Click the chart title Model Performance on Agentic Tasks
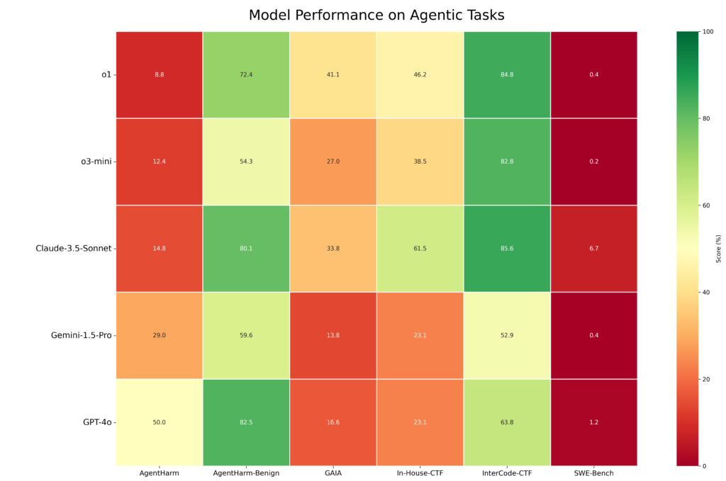[376, 16]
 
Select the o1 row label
[106, 74]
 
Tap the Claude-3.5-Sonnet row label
[74, 249]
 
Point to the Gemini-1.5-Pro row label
[82, 335]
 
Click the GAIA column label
[333, 473]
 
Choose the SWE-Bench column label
[593, 473]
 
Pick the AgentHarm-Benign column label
[246, 473]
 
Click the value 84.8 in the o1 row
[507, 74]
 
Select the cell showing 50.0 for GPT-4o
[160, 422]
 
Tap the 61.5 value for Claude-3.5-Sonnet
[420, 249]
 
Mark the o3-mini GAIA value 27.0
[333, 162]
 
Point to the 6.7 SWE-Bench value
[594, 249]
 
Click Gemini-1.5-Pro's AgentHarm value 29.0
[160, 335]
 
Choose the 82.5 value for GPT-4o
[246, 422]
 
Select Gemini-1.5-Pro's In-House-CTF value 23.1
[420, 335]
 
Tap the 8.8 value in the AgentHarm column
[160, 74]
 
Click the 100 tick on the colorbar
[708, 31]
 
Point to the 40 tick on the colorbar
[706, 293]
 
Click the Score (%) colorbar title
[719, 249]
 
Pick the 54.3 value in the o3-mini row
[246, 162]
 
